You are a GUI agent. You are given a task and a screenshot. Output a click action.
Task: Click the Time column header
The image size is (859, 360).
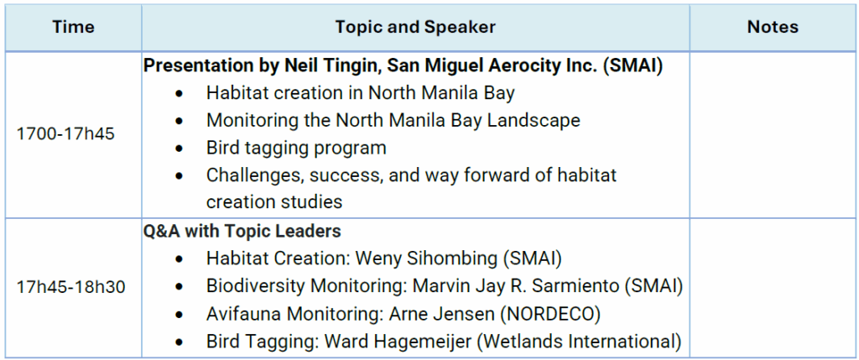74,28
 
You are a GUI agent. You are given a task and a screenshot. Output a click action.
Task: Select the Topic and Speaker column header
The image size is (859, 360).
415,28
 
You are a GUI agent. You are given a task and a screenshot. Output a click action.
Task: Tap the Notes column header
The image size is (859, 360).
773,28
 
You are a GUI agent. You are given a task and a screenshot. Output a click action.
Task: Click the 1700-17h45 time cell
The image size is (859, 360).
65,133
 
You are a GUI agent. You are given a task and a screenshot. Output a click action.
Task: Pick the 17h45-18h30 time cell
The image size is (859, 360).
70,287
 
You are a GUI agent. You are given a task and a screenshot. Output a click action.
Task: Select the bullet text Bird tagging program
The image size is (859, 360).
296,148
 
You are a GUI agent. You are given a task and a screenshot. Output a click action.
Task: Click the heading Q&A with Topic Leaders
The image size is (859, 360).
242,232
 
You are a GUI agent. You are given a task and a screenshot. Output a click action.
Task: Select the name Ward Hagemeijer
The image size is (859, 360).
398,342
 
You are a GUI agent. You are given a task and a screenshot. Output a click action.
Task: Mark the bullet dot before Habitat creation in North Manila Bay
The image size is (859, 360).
180,94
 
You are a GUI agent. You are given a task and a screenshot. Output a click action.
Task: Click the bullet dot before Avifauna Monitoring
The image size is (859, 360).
180,316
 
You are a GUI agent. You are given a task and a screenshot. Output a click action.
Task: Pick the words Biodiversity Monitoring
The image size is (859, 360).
309,286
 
